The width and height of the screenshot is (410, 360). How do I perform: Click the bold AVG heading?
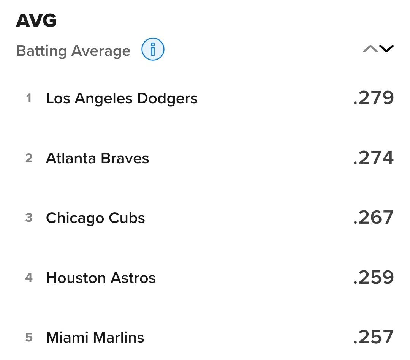36,21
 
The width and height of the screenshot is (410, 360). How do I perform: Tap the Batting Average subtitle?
73,51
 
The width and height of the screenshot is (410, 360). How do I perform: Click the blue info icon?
153,49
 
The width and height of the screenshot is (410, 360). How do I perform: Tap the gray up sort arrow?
370,49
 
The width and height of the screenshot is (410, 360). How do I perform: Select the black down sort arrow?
386,49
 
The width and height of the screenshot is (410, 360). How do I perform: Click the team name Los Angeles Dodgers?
122,98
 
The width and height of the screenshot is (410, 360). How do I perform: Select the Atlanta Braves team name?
97,158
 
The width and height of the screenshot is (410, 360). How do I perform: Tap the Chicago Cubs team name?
95,218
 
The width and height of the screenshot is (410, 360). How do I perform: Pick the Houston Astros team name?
101,278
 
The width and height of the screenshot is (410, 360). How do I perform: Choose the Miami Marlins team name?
95,337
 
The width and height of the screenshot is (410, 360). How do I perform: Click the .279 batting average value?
373,98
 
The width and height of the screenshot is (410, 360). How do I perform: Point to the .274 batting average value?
373,158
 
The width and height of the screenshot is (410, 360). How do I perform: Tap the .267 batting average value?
373,218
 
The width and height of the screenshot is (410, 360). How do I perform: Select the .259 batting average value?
373,277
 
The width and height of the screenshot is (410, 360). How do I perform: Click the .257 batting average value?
373,337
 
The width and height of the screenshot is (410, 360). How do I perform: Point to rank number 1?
29,98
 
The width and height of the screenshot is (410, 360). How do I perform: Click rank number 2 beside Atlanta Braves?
29,158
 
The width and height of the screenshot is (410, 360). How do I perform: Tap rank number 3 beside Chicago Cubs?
29,218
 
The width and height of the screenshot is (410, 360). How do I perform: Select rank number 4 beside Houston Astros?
29,278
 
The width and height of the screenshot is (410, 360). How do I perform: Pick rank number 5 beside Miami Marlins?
29,337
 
